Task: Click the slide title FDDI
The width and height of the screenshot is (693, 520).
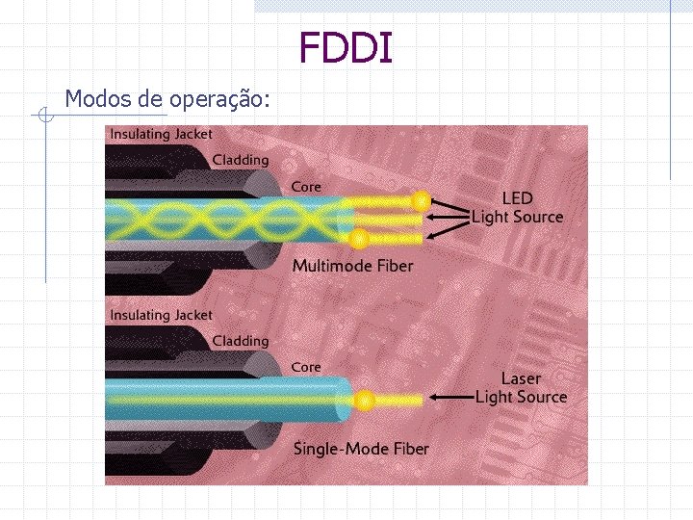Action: (346, 47)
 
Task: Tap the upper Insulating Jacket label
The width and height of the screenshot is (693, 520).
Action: (161, 135)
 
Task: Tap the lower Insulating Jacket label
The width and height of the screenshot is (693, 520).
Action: (161, 316)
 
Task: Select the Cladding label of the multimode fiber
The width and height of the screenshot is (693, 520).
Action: (240, 160)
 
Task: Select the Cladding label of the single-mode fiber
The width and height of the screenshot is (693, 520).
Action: (240, 341)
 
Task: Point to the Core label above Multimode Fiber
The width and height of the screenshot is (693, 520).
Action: (306, 186)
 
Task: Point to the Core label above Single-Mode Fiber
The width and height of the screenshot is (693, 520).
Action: (306, 367)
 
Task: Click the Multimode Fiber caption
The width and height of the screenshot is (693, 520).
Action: (352, 266)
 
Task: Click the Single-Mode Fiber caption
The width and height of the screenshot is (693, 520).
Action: (361, 449)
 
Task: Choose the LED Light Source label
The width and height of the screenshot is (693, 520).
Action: (517, 208)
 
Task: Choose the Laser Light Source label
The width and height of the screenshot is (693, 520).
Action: (521, 388)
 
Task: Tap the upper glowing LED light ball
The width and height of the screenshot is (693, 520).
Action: (421, 200)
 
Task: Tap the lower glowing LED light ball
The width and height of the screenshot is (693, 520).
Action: (358, 237)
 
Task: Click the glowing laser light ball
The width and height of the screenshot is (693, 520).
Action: (364, 400)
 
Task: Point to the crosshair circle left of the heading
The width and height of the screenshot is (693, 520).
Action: (44, 117)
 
